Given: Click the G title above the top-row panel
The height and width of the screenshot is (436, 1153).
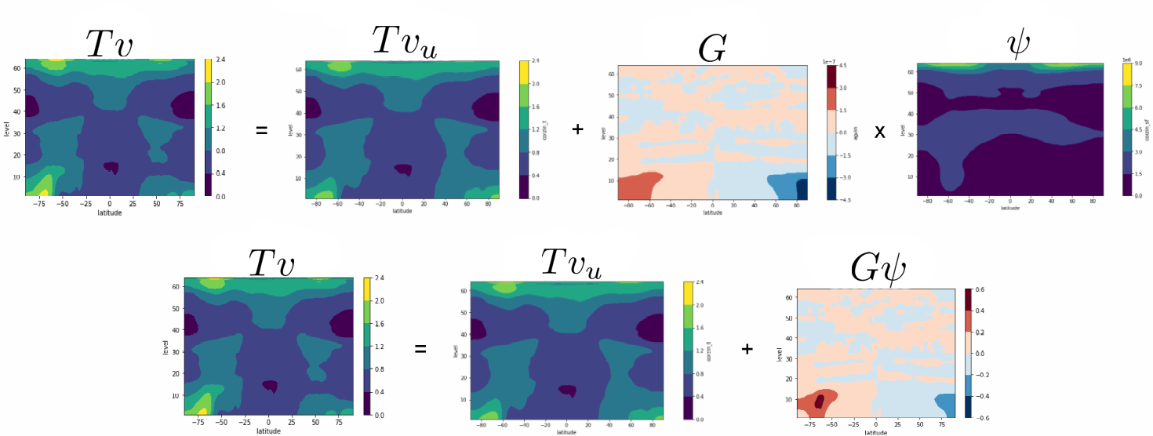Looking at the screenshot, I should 712,49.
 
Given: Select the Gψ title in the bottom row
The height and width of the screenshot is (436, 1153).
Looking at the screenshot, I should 878,269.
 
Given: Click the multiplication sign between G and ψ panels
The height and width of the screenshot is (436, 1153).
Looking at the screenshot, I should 879,132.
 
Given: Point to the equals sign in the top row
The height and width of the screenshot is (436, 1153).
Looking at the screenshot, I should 261,130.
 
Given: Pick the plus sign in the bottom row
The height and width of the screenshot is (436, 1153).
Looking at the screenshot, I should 746,348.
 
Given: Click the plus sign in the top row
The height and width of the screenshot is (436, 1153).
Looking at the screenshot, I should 577,129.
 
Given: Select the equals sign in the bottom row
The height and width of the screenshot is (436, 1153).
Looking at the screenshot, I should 420,348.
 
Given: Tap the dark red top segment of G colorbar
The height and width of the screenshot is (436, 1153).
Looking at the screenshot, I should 832,76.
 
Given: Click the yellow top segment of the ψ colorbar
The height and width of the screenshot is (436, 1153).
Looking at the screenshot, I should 1127,74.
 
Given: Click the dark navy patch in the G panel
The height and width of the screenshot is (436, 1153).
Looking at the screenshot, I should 802,190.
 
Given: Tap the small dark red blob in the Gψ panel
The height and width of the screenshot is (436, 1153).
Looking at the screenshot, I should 820,401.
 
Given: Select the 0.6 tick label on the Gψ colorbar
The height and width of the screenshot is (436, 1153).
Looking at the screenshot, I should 980,289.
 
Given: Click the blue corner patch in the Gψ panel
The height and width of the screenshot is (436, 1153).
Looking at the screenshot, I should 946,403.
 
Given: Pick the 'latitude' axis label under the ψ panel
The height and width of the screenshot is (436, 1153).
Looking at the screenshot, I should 1010,208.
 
